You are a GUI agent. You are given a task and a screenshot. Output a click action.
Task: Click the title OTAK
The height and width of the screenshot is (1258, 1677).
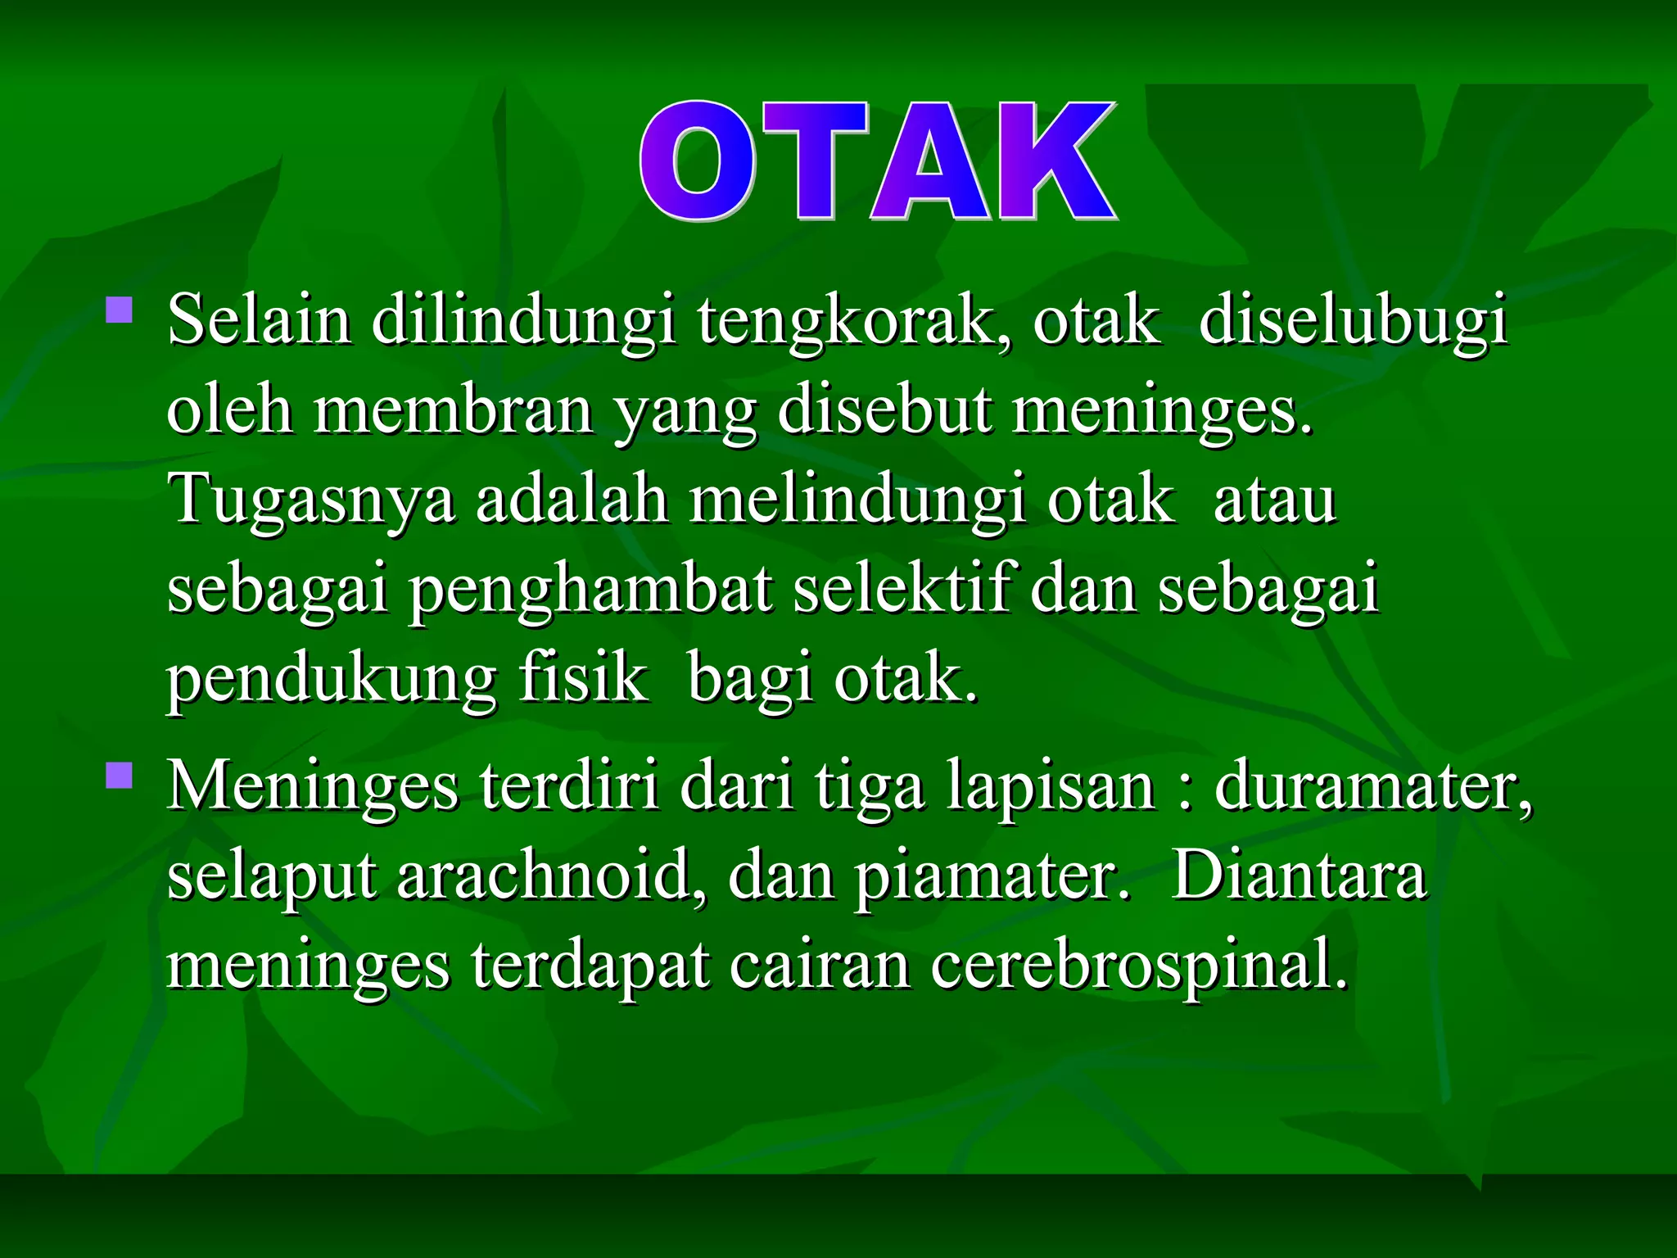click(x=878, y=161)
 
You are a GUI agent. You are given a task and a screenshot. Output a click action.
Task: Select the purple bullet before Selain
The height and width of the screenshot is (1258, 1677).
click(x=120, y=310)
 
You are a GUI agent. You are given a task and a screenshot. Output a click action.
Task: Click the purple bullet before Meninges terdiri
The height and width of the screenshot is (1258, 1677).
click(x=120, y=776)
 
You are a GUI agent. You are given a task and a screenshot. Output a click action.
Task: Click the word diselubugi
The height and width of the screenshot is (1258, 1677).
click(x=1352, y=321)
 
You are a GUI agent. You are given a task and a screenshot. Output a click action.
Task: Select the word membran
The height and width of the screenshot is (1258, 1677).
click(x=453, y=410)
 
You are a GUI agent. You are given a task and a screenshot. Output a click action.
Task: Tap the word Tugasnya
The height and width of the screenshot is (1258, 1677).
click(x=310, y=500)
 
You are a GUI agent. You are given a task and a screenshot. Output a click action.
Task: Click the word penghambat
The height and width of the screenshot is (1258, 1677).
click(x=590, y=590)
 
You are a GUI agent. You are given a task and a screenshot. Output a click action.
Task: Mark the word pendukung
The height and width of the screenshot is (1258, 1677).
click(x=332, y=680)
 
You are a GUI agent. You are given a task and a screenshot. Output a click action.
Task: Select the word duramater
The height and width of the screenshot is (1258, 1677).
click(x=1372, y=786)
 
